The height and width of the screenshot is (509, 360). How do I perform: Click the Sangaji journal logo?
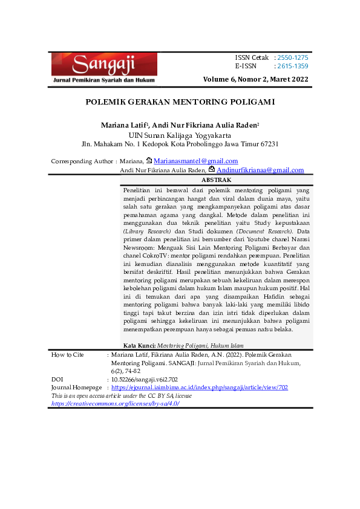[x=104, y=67]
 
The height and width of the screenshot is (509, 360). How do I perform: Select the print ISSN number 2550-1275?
[x=293, y=57]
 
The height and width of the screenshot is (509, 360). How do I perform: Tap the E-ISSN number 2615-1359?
[x=293, y=66]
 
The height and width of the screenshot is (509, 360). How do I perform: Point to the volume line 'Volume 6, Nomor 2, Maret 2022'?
[x=256, y=79]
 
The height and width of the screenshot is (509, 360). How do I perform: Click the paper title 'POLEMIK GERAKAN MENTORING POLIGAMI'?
[x=180, y=102]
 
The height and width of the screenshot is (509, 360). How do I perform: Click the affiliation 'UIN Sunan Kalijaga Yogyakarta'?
[x=180, y=135]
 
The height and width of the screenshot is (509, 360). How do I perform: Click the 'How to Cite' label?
[x=68, y=354]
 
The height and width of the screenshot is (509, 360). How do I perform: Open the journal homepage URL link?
[x=200, y=386]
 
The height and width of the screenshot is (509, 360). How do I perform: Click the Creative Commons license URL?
[x=115, y=403]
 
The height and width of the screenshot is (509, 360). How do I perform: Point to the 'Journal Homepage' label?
[x=76, y=386]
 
